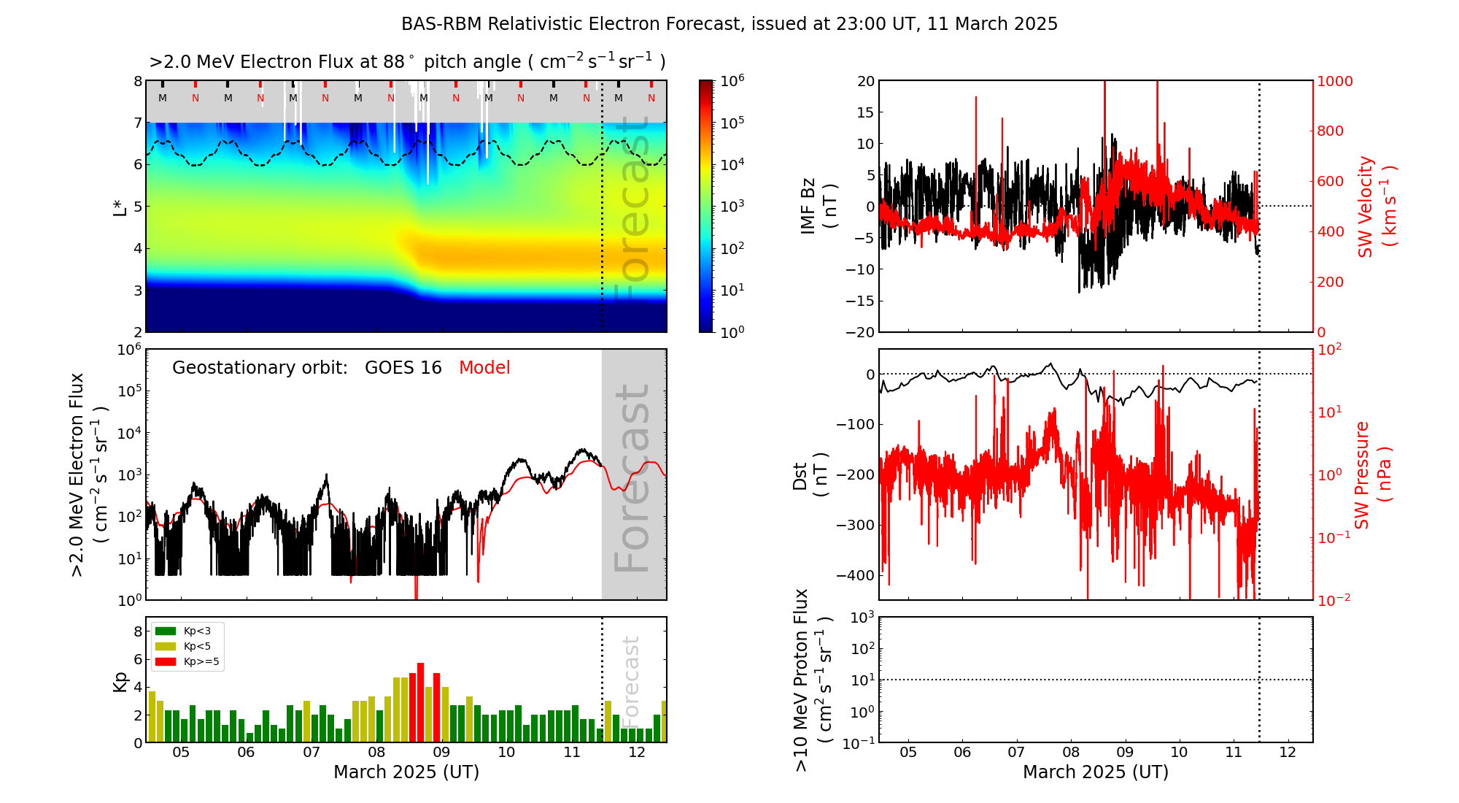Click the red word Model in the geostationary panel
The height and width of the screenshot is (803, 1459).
(x=484, y=368)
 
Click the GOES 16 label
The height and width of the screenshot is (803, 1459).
(x=403, y=368)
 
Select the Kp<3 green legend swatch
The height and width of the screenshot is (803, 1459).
(x=166, y=631)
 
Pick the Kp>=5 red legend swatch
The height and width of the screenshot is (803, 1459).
(x=166, y=662)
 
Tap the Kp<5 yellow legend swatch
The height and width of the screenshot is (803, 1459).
(x=166, y=646)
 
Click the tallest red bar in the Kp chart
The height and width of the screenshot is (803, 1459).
(x=420, y=701)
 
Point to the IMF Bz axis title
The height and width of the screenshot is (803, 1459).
(x=817, y=206)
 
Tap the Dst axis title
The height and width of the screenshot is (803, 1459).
(x=810, y=474)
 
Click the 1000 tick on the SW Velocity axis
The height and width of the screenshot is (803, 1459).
(x=1334, y=81)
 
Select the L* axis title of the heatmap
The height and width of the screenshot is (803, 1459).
(x=120, y=206)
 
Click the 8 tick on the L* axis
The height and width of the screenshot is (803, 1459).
(x=137, y=81)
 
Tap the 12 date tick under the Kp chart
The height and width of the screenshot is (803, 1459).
(x=637, y=753)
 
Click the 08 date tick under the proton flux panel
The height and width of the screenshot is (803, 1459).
(x=1071, y=753)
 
